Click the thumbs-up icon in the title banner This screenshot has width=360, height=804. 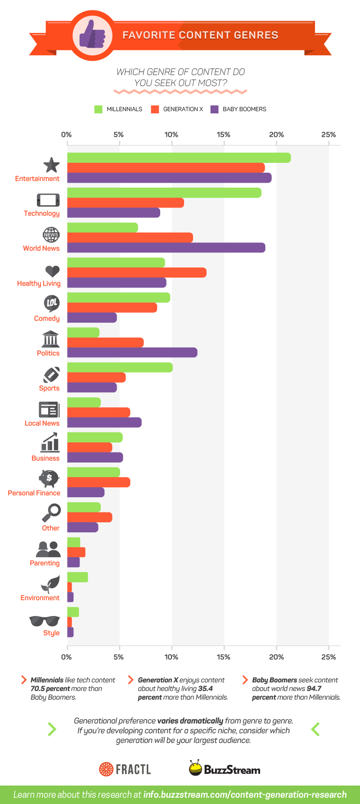coord(92,35)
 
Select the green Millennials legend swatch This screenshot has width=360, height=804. coord(99,109)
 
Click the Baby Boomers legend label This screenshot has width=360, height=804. coord(244,109)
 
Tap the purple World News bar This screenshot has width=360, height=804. coord(166,248)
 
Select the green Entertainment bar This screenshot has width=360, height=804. coord(179,158)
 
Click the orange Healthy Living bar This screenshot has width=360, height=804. coord(137,273)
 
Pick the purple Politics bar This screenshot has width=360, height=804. coord(132,353)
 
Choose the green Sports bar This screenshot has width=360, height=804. coord(120,368)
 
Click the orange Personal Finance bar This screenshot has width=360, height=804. coord(99,482)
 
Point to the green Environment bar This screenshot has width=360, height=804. coord(77,577)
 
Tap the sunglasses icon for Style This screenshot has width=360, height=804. coord(44,621)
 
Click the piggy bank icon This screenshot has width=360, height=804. coord(49,478)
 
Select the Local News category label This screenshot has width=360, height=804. coord(42,423)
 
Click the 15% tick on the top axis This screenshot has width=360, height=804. coord(224,135)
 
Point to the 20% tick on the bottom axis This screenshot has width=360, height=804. coord(276,657)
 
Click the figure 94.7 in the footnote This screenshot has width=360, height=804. coord(314,689)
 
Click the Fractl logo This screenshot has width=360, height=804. coord(125,769)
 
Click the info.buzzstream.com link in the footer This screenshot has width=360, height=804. coord(245,795)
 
